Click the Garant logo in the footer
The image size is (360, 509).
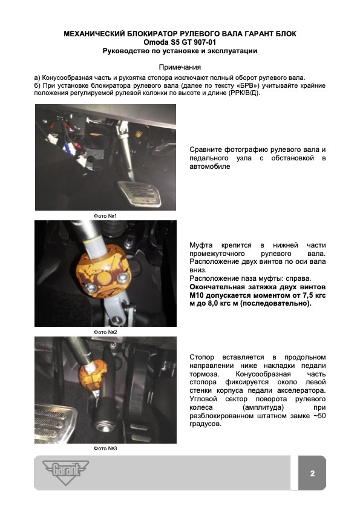click(65, 471)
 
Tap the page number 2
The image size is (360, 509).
click(312, 473)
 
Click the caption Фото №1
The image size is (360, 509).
click(105, 216)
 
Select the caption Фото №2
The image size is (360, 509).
click(105, 332)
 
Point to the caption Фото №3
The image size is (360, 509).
click(105, 448)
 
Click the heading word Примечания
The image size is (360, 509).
click(180, 67)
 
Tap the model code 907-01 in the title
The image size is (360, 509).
click(205, 42)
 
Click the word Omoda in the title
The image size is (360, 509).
click(156, 42)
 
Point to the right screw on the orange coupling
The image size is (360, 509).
click(123, 277)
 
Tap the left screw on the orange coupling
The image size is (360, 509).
click(91, 287)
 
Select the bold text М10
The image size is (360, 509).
click(197, 295)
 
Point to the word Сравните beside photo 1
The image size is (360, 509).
click(205, 150)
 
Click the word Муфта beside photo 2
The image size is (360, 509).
click(201, 245)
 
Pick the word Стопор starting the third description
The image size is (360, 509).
click(202, 358)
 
